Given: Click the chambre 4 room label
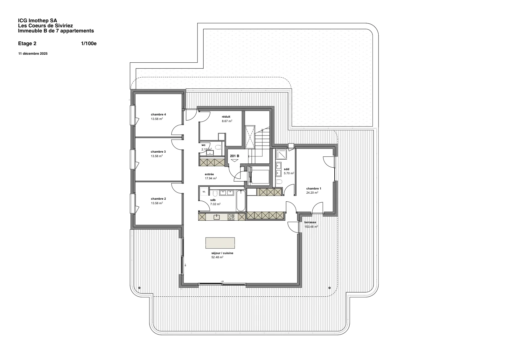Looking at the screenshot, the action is (x=158, y=114).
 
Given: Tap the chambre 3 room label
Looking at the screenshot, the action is (x=158, y=152).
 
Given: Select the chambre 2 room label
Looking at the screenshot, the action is (x=158, y=199).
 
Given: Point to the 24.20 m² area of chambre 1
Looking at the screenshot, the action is (x=312, y=193).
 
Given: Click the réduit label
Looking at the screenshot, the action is (x=226, y=117).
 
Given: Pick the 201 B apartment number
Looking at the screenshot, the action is (x=234, y=156).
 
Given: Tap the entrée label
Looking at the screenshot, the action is (x=209, y=174).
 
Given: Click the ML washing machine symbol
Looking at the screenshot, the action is (x=204, y=192).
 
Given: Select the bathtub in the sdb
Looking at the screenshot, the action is (x=241, y=201).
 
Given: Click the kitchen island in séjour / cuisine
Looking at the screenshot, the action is (x=220, y=243).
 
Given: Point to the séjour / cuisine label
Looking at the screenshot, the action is (x=222, y=253).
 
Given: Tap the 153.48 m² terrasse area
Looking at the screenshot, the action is (x=311, y=227).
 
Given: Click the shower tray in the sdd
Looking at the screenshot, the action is (x=281, y=154).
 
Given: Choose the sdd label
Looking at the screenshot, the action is (x=287, y=169).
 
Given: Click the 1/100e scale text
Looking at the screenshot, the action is (x=89, y=43).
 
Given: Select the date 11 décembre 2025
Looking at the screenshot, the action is (x=33, y=54).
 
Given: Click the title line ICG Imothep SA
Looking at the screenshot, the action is (x=38, y=21).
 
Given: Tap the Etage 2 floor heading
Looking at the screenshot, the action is (x=27, y=43).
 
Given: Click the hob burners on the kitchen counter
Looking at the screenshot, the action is (x=231, y=217).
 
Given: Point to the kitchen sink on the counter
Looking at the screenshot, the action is (x=217, y=217).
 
